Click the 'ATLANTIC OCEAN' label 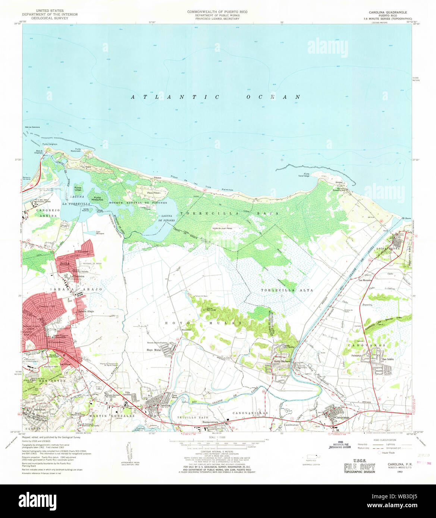click(215, 97)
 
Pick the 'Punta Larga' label click(78, 189)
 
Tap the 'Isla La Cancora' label click(32, 127)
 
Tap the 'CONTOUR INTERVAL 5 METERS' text click(218, 451)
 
